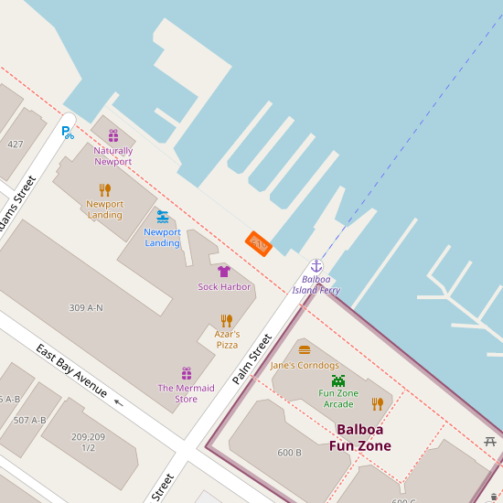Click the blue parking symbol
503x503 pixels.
coord(67,132)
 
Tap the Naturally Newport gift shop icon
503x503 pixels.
coord(113,135)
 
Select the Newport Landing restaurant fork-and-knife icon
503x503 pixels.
coord(105,190)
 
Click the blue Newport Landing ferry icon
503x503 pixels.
coord(162,217)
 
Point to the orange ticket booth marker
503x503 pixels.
coord(259,243)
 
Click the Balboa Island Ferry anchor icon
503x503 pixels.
coord(316,265)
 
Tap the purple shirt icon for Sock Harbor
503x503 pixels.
coord(224,272)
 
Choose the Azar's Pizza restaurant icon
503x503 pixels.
coord(227,321)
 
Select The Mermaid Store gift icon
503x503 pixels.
coord(187,373)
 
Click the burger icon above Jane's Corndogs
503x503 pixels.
coord(305,349)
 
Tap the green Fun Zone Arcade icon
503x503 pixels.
coord(338,380)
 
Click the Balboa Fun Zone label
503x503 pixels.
coord(360,437)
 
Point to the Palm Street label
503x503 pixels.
coord(252,359)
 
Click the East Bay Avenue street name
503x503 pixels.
coord(72,369)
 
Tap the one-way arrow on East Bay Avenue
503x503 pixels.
coord(117,401)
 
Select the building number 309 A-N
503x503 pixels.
coord(86,307)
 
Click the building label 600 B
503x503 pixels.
coord(290,453)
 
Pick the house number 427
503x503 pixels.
coord(16,144)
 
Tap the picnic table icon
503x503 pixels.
coord(491,442)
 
